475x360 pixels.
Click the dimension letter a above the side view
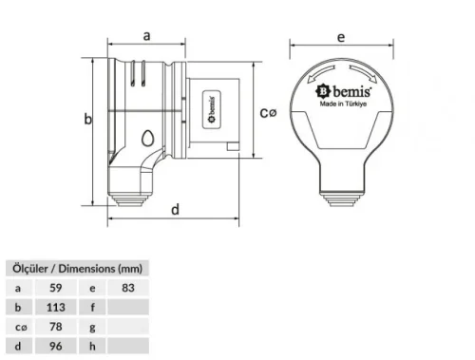point(146,35)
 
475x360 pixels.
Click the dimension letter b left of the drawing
point(87,120)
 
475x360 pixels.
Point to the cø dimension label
point(269,112)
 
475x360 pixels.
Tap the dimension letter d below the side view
point(175,210)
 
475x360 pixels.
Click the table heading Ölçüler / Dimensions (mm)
point(75,268)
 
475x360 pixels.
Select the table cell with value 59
point(56,287)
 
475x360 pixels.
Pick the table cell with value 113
point(56,307)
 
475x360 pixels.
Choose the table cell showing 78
point(56,327)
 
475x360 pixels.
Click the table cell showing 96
point(56,347)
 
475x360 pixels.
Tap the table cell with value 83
point(129,287)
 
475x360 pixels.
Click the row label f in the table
point(93,307)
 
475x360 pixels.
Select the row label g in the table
point(93,327)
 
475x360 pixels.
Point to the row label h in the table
point(93,347)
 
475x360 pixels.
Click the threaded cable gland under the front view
point(340,196)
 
